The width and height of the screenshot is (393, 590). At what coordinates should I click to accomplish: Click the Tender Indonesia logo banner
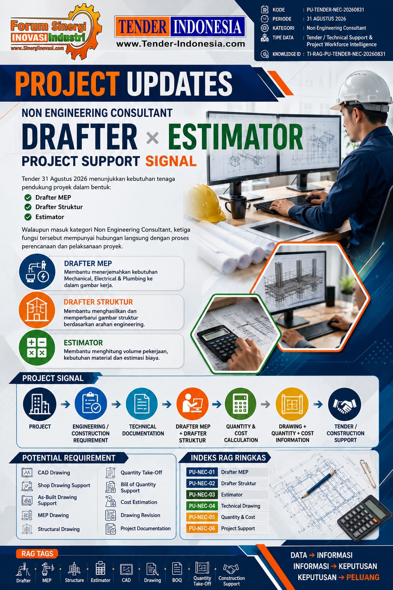tap(180, 27)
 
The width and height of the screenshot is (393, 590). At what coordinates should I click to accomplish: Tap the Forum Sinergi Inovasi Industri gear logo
tap(56, 31)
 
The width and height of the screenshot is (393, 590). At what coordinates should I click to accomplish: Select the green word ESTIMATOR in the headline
tap(235, 137)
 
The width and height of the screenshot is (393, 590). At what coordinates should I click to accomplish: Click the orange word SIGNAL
tap(171, 161)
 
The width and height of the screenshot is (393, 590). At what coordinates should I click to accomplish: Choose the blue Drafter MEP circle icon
tap(37, 272)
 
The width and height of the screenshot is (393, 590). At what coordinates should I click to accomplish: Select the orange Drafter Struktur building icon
tap(37, 310)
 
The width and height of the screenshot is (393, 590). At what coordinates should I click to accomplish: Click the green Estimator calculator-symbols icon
tap(37, 348)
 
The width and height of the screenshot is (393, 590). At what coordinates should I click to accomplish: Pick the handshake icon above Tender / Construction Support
tap(345, 404)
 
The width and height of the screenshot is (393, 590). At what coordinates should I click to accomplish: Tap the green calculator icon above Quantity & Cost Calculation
tap(241, 404)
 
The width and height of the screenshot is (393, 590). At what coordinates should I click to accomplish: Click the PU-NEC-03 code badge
tap(202, 494)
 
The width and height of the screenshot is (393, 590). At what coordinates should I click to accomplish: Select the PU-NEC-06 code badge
tap(202, 529)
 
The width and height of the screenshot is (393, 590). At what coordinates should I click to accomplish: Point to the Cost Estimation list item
tap(139, 502)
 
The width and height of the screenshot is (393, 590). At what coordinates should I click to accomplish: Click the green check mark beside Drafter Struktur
tap(28, 207)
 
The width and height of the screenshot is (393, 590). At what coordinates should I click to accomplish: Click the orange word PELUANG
tap(363, 577)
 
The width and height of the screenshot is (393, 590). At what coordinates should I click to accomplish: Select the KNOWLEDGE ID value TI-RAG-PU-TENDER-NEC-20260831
tap(346, 54)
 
